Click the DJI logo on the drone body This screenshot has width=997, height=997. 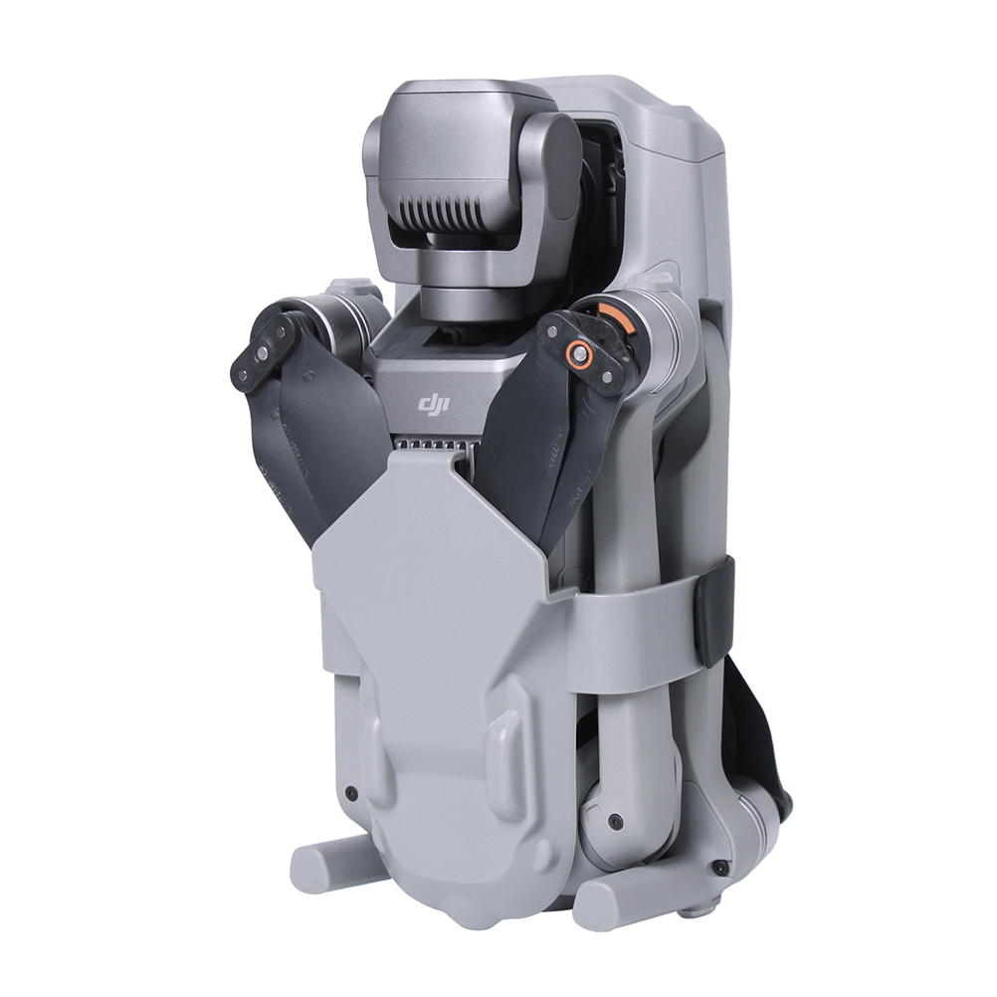[433, 403]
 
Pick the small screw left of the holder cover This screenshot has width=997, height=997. [349, 792]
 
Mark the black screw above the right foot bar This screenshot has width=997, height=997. [718, 867]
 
